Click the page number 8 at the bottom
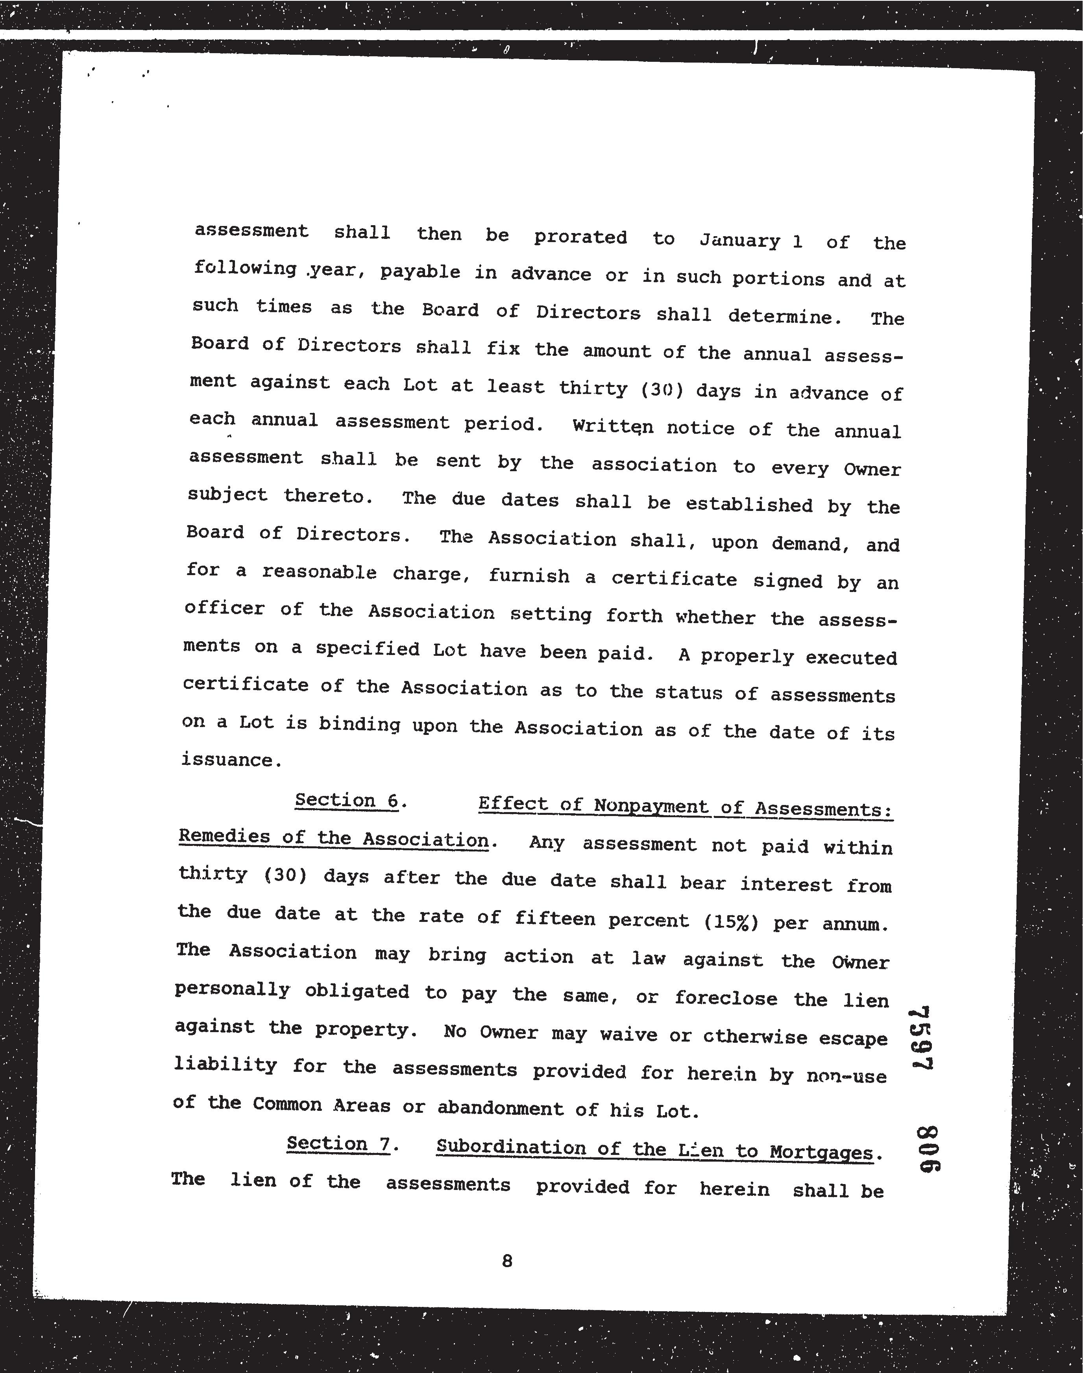[506, 1261]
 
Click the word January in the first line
[739, 241]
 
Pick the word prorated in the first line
[580, 237]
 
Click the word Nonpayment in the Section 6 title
[652, 806]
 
